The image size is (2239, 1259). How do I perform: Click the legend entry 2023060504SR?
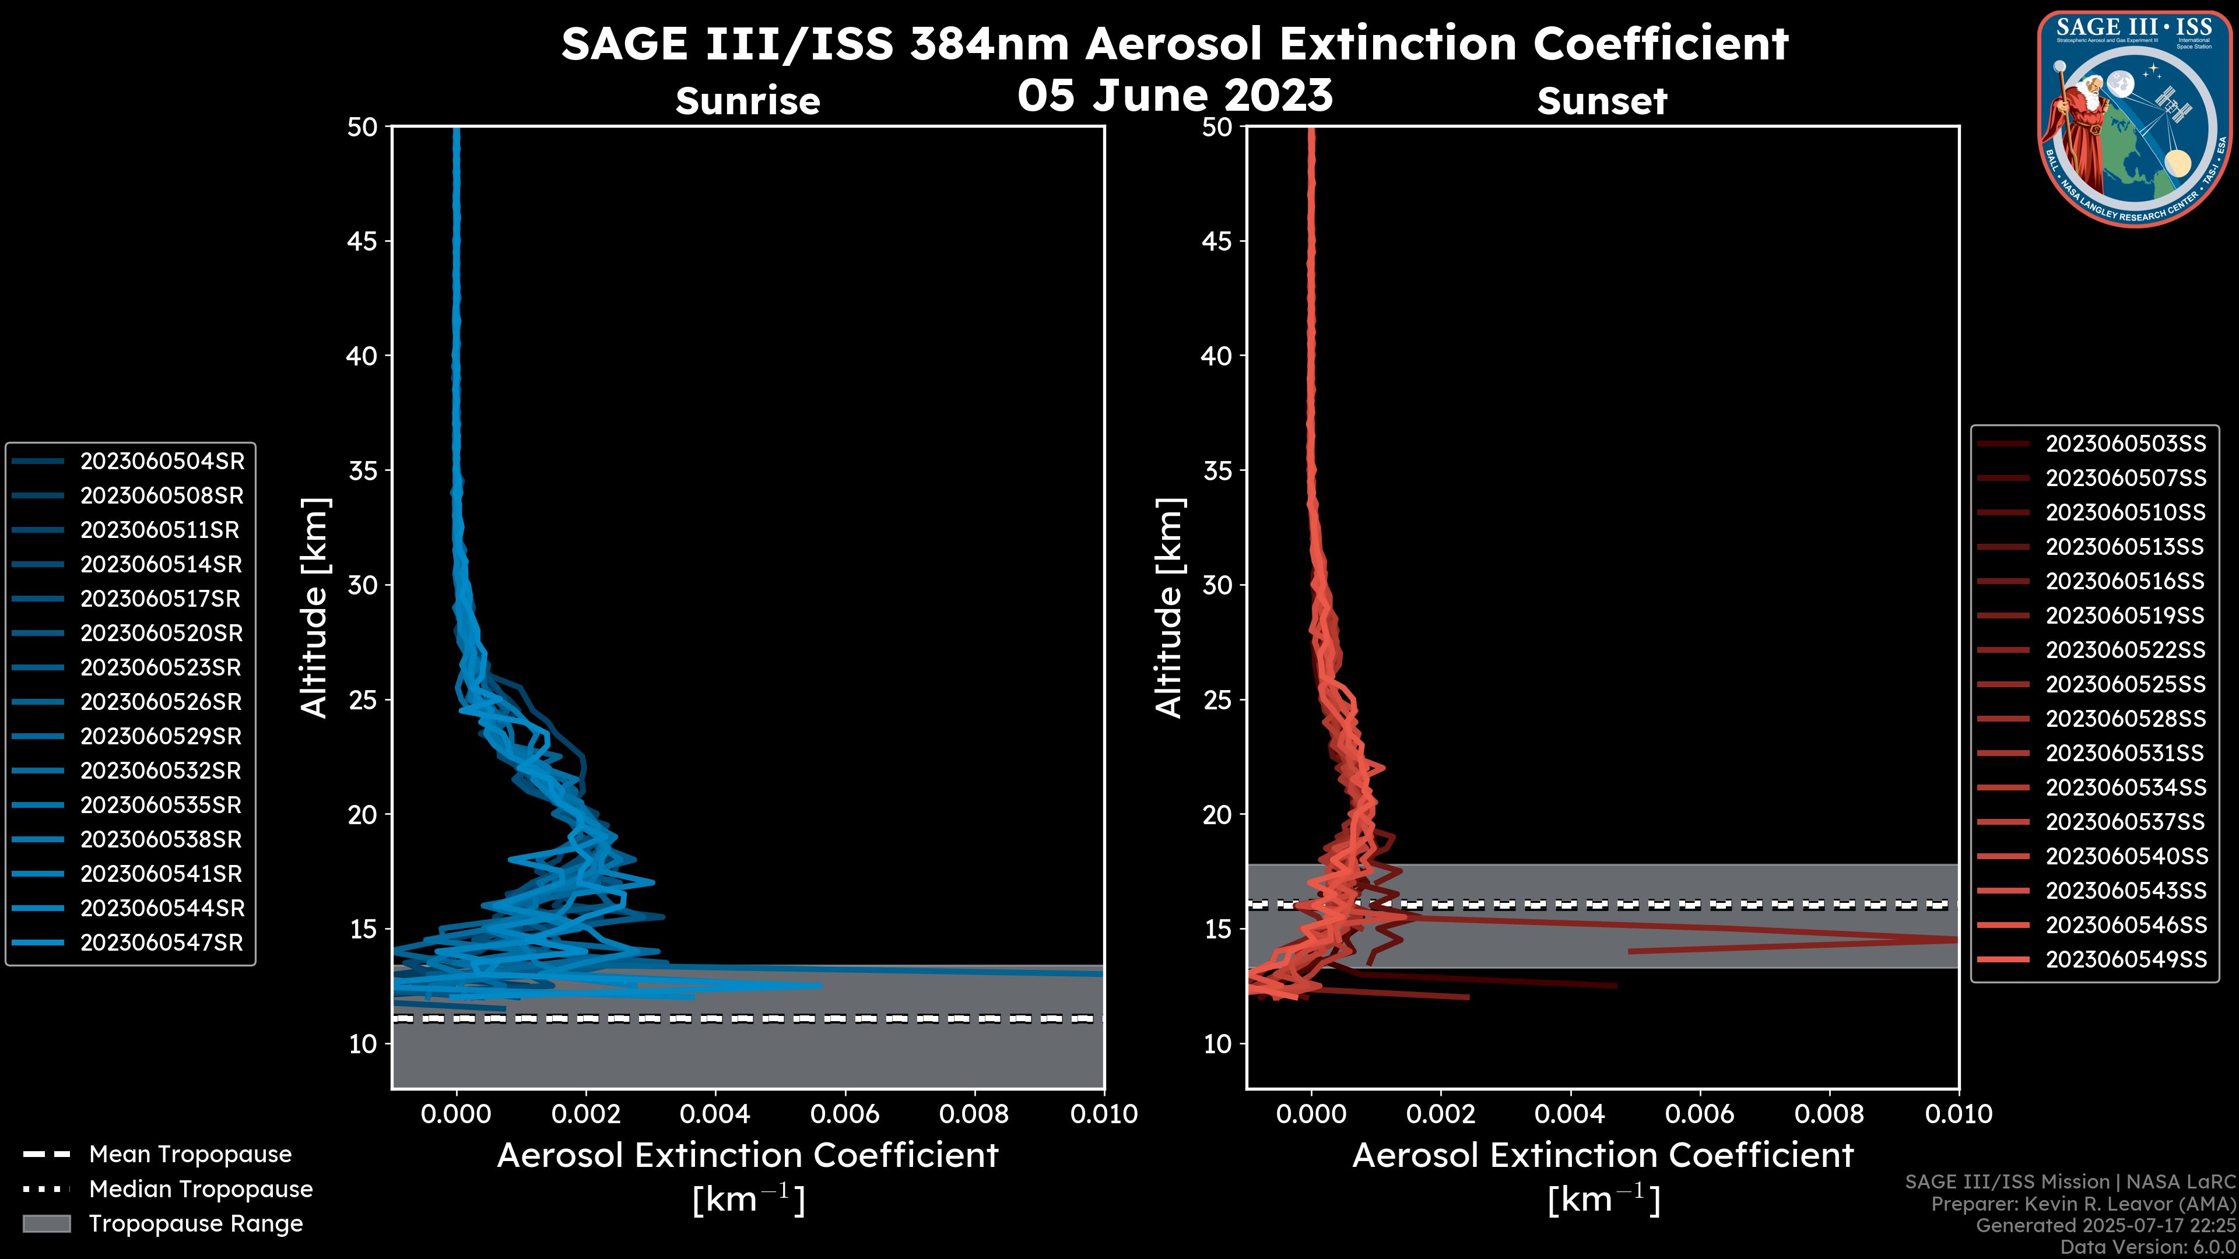(162, 462)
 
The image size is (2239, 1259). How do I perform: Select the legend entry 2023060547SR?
(162, 943)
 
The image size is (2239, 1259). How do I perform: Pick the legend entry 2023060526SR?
(162, 702)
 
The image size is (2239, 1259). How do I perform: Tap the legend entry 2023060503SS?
(2125, 444)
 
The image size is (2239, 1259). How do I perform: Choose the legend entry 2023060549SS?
(2125, 959)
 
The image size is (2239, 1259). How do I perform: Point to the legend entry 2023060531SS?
(2125, 753)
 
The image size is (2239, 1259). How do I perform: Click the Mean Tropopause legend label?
(190, 1155)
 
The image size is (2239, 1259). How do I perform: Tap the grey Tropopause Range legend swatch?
(46, 1223)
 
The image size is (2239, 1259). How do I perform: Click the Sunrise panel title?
(747, 101)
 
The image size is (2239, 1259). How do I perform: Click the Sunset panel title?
(1602, 101)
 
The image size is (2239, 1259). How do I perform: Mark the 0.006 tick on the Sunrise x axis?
(845, 1114)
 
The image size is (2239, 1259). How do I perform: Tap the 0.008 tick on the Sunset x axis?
(1830, 1114)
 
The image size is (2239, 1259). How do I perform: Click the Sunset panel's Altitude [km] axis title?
(1169, 608)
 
